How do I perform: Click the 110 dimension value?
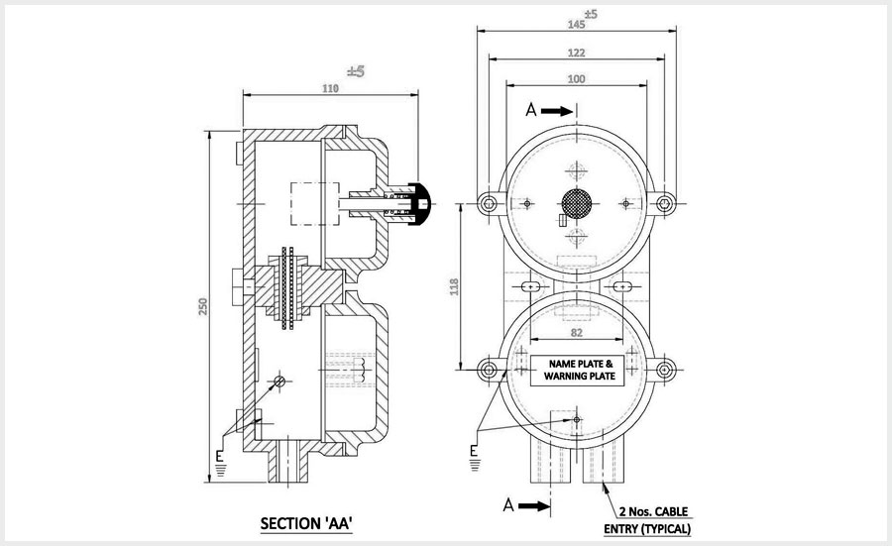coord(331,89)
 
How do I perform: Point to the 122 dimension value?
coord(577,53)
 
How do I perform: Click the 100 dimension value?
coord(577,78)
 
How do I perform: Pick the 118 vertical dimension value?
coord(455,287)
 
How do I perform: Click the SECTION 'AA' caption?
coord(307,522)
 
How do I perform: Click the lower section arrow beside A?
coord(532,505)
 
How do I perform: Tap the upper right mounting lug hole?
coord(666,204)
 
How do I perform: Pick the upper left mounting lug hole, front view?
coord(488,204)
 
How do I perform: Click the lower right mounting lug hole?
coord(666,371)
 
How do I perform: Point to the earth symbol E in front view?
coord(475,454)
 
